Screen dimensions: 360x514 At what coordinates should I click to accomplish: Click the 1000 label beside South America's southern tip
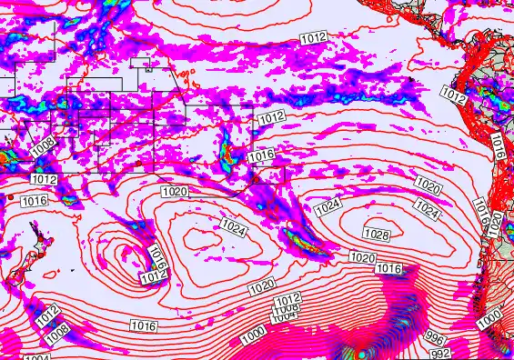[489, 319]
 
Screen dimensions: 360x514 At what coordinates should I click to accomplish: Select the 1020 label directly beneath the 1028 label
[362, 258]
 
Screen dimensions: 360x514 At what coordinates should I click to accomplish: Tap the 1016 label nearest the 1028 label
[389, 268]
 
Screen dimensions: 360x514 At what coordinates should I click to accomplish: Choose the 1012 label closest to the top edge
[313, 37]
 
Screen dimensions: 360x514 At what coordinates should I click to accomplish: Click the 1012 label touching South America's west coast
[454, 94]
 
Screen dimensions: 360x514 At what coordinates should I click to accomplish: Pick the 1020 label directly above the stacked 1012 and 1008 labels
[262, 286]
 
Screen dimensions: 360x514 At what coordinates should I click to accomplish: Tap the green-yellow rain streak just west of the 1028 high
[301, 241]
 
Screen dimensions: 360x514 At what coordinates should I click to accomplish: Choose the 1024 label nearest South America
[430, 213]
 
